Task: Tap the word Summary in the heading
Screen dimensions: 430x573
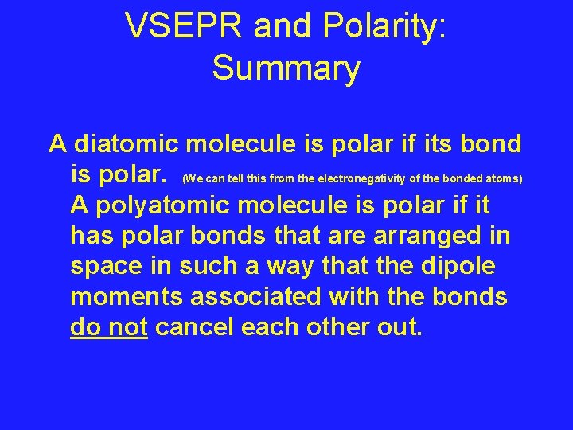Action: [x=286, y=68]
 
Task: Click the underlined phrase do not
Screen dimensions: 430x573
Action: [x=109, y=327]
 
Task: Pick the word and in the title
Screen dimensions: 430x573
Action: [x=279, y=28]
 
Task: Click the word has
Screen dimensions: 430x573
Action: [x=92, y=236]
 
